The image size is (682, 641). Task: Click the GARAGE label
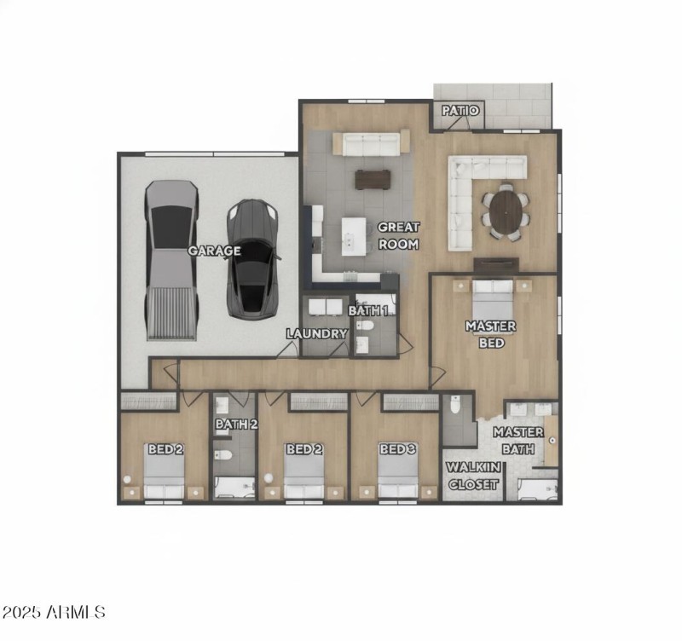(x=214, y=251)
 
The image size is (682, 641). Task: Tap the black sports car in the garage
(x=251, y=256)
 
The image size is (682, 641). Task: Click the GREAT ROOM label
(x=398, y=235)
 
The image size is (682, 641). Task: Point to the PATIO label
(x=460, y=111)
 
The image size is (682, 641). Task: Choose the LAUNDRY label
(x=317, y=333)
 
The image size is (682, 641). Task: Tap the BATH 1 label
(x=367, y=310)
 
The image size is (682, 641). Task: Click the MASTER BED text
(x=490, y=334)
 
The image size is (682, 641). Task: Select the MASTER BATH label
(x=517, y=440)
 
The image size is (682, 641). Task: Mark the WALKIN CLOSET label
(x=474, y=476)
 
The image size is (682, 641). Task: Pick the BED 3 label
(x=397, y=449)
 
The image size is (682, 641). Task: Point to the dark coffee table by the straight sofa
(x=373, y=178)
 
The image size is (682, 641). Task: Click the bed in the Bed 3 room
(x=397, y=473)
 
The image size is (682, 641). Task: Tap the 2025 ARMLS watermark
(x=55, y=612)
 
